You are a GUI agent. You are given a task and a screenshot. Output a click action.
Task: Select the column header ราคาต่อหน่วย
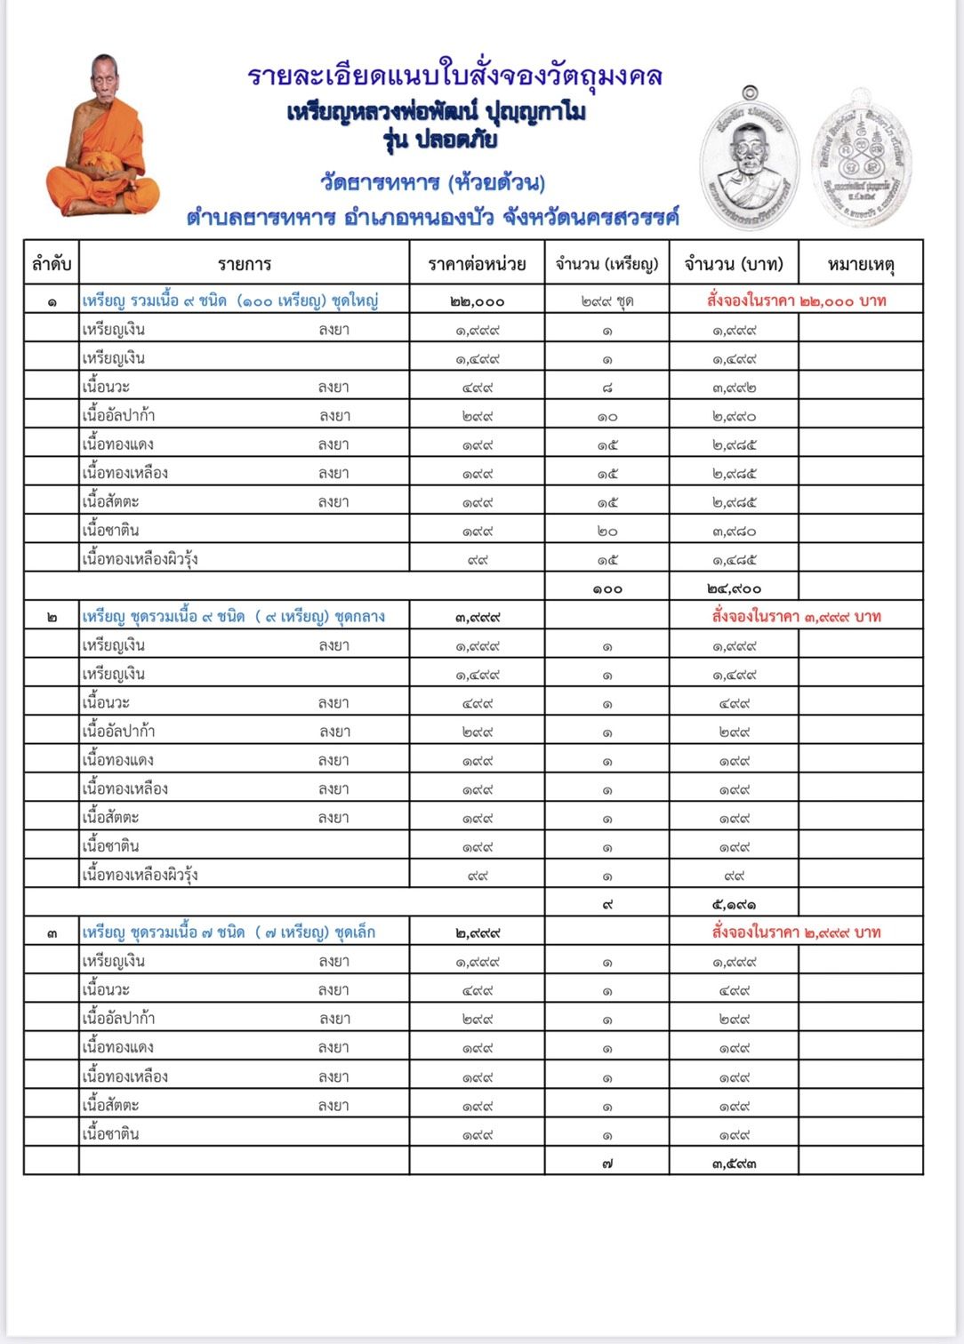[x=477, y=264]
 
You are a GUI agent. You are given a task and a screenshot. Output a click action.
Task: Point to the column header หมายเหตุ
[x=860, y=264]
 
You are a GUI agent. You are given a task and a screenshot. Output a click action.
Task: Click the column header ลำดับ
[x=52, y=264]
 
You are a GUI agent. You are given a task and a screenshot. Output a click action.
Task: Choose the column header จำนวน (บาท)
[x=734, y=264]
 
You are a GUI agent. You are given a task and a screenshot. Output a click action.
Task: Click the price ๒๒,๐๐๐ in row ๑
[x=477, y=301]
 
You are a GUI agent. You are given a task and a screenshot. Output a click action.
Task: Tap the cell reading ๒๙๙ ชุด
[x=607, y=301]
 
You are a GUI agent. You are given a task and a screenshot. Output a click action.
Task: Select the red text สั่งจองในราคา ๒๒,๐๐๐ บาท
[x=796, y=300]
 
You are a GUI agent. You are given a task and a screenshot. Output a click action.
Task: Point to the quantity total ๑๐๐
[x=607, y=588]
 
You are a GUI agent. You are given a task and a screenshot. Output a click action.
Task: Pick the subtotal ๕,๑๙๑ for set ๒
[x=734, y=904]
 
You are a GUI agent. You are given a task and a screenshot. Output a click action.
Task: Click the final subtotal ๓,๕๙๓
[x=734, y=1163]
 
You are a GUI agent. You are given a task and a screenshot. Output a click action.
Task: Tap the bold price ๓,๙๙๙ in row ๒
[x=477, y=617]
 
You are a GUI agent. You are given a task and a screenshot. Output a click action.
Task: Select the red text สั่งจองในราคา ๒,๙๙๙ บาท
[x=796, y=932]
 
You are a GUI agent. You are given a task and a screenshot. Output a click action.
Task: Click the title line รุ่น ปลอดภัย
[x=440, y=140]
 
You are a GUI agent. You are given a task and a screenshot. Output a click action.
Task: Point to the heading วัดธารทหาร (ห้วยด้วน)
[x=432, y=182]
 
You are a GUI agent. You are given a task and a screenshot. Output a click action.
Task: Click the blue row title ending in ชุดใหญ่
[x=230, y=300]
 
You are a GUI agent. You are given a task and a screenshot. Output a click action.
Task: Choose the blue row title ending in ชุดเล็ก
[x=229, y=932]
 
